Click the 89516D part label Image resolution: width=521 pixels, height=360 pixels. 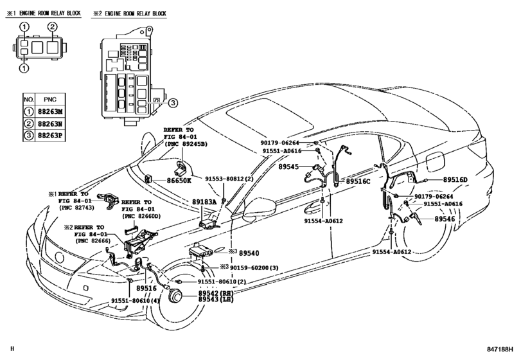pyautogui.click(x=457, y=181)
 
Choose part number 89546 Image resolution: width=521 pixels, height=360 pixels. pyautogui.click(x=445, y=219)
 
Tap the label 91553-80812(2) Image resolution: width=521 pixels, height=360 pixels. pyautogui.click(x=229, y=181)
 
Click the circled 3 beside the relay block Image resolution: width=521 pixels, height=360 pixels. pyautogui.click(x=173, y=102)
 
